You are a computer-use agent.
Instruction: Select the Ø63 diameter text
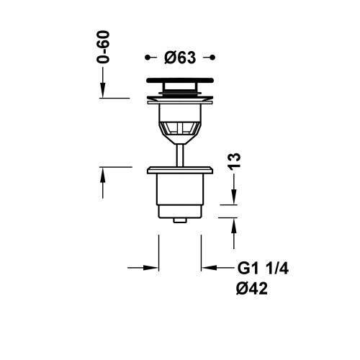pyautogui.click(x=180, y=57)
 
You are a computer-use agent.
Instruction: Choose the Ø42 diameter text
pyautogui.click(x=253, y=289)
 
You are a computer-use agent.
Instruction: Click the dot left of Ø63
pyautogui.click(x=148, y=57)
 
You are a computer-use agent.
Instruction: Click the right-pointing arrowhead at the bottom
pyautogui.click(x=153, y=267)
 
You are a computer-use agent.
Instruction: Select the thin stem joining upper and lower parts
pyautogui.click(x=180, y=153)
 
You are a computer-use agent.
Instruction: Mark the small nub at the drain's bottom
pyautogui.click(x=180, y=215)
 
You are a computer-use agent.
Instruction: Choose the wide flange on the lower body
pyautogui.click(x=180, y=170)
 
